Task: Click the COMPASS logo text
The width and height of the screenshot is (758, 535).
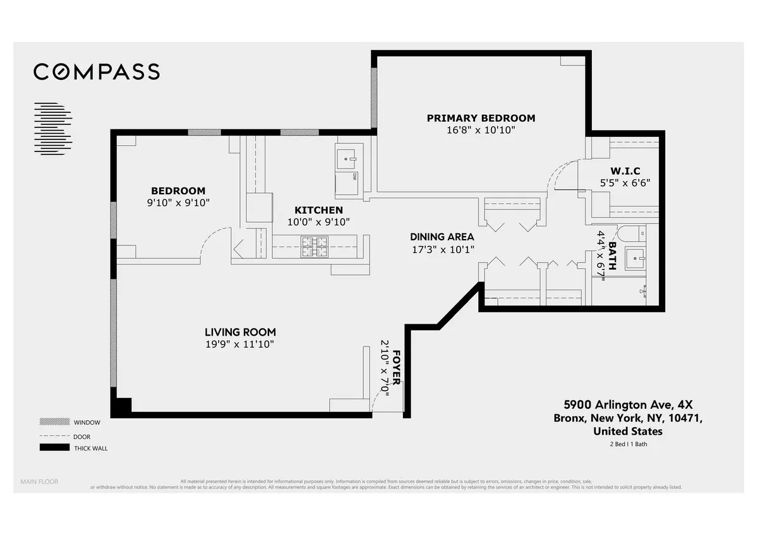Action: pyautogui.click(x=97, y=72)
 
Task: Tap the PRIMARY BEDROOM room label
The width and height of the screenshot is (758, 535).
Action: pyautogui.click(x=481, y=118)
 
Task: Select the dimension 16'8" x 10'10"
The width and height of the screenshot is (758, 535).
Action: pyautogui.click(x=481, y=130)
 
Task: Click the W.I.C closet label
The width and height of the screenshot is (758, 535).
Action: pyautogui.click(x=625, y=172)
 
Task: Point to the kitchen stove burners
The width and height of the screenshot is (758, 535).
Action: pyautogui.click(x=314, y=246)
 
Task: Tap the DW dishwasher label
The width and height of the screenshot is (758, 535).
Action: pyautogui.click(x=354, y=176)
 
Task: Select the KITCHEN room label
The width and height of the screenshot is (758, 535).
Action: pyautogui.click(x=318, y=210)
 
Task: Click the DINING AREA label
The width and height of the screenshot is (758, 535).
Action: pyautogui.click(x=442, y=237)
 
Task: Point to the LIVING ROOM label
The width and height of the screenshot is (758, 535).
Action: pyautogui.click(x=240, y=332)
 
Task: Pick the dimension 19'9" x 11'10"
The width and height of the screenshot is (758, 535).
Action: pyautogui.click(x=240, y=344)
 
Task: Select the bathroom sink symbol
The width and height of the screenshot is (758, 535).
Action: pyautogui.click(x=635, y=258)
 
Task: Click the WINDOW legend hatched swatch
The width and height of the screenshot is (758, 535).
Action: pyautogui.click(x=52, y=421)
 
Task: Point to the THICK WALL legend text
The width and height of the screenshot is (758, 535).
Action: pyautogui.click(x=90, y=449)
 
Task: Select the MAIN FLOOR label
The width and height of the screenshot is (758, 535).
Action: pyautogui.click(x=39, y=482)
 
